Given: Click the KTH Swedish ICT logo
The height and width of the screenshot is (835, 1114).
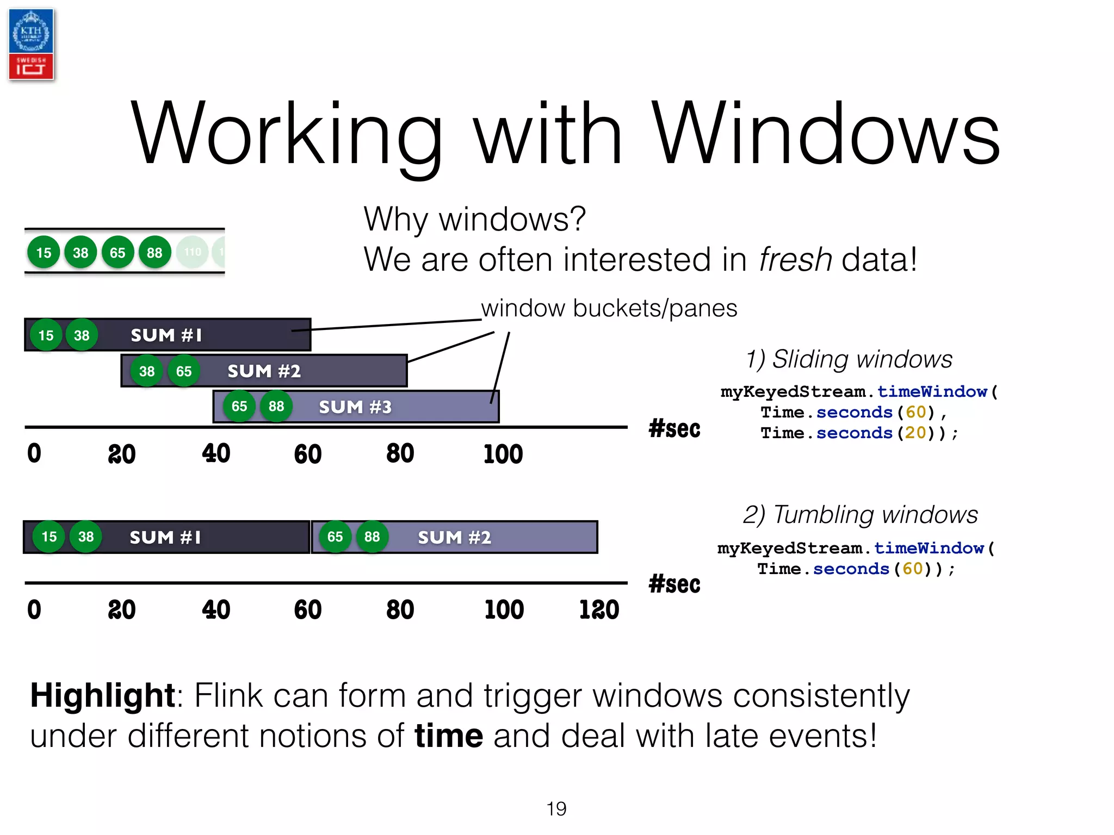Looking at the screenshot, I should [x=31, y=45].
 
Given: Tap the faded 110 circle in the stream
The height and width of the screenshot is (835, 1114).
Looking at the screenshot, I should [x=193, y=252].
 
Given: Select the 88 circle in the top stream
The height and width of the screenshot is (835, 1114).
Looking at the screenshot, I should [x=154, y=252].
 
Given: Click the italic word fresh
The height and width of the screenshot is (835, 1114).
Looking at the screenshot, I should [x=795, y=259].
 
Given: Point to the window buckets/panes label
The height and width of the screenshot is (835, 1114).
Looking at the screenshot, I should [x=609, y=308].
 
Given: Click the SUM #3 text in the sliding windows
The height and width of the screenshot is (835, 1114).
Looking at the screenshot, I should [x=355, y=407].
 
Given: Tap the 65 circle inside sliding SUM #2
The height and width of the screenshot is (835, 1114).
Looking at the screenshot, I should [x=184, y=371].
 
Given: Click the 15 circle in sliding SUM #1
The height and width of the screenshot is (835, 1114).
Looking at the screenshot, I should [x=46, y=335].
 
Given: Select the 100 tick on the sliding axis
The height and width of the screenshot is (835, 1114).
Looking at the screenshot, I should [x=503, y=454].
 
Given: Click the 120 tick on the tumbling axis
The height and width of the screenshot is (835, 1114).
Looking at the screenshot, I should [x=599, y=609].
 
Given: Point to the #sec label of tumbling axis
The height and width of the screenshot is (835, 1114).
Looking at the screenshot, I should [x=674, y=584].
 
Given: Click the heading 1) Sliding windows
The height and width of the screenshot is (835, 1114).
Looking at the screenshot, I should [x=849, y=359].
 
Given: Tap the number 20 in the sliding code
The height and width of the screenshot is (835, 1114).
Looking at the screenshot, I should [x=915, y=433].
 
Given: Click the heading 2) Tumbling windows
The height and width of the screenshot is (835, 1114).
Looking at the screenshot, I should [x=860, y=515].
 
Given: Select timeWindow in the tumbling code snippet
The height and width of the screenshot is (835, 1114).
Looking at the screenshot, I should [x=929, y=548].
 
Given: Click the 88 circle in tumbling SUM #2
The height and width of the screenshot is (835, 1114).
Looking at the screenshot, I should [x=372, y=537].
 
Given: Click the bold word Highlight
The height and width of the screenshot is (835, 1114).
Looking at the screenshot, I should [x=102, y=695].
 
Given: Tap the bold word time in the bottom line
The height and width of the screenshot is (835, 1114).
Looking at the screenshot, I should [x=448, y=736].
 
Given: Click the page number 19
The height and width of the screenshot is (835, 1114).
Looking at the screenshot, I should [x=556, y=809].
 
